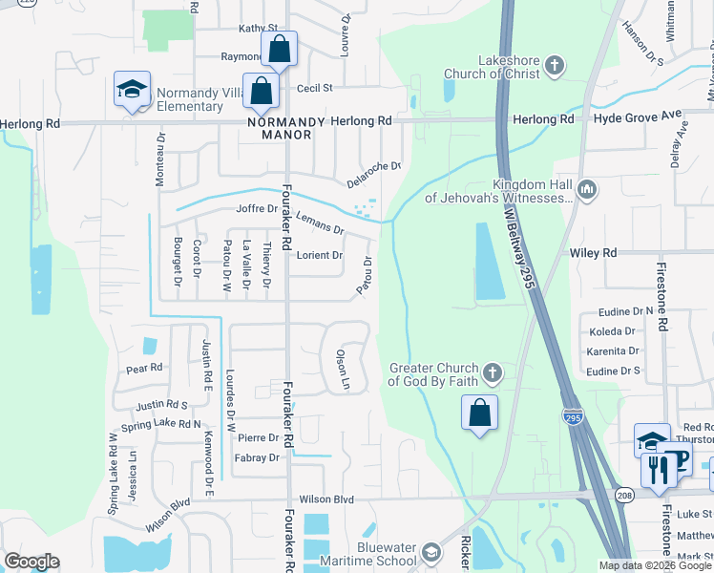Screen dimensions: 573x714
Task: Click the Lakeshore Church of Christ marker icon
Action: [555, 67]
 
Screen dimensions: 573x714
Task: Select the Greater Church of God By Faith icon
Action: [492, 371]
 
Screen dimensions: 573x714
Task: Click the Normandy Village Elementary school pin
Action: [131, 89]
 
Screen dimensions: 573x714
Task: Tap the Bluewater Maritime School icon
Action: [431, 553]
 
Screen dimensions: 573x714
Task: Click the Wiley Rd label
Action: [594, 253]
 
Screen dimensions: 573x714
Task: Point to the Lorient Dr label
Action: [320, 255]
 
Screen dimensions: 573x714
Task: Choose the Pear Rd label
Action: [145, 367]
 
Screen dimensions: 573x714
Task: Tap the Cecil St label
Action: [314, 88]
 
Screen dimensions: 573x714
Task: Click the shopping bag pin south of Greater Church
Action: [480, 414]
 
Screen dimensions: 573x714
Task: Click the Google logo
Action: [31, 562]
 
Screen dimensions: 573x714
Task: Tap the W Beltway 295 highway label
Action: [514, 245]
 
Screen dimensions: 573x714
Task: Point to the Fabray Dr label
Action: [257, 457]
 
